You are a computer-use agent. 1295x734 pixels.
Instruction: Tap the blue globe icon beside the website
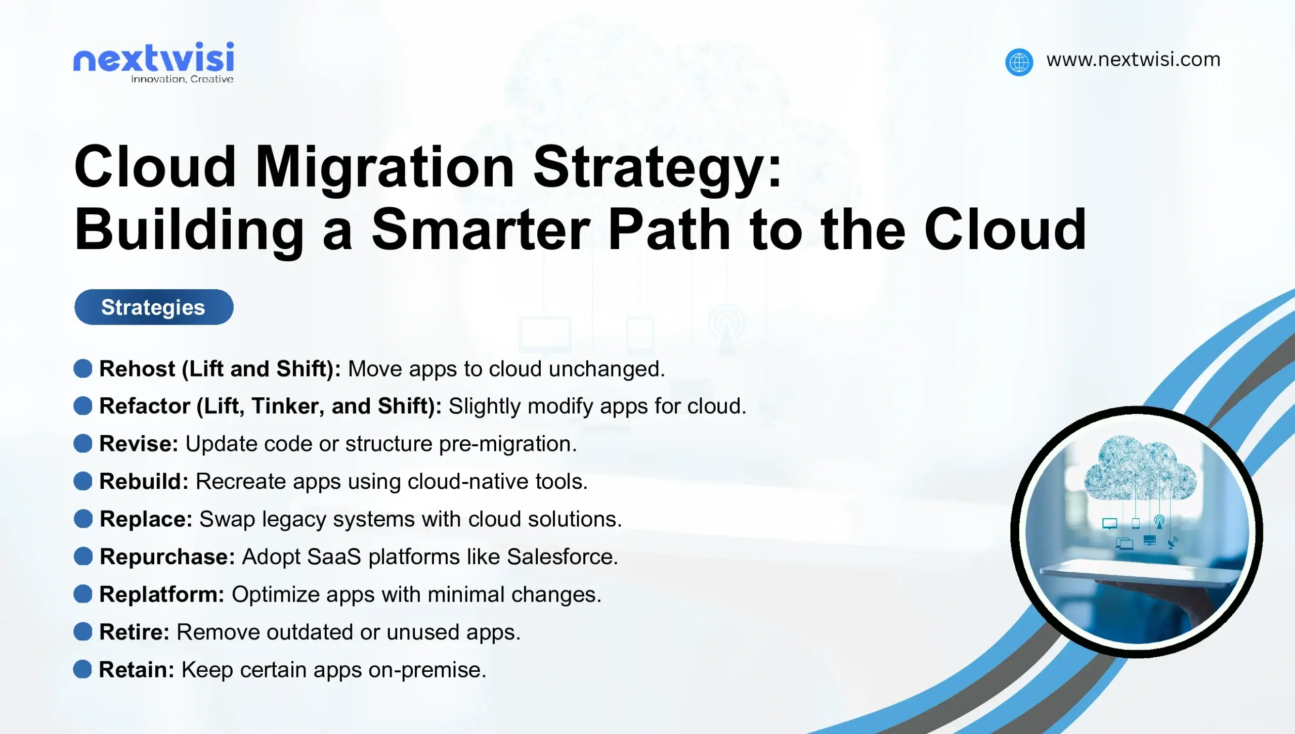pos(1019,62)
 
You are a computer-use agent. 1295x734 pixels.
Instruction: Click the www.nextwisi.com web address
pos(1133,60)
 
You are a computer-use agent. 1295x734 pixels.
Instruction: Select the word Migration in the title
pos(384,167)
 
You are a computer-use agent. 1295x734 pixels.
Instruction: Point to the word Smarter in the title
pos(481,230)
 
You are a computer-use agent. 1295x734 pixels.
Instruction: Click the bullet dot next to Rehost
pos(83,369)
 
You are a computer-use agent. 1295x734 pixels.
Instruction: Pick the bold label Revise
pos(139,444)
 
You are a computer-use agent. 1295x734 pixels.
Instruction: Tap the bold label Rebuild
pos(144,481)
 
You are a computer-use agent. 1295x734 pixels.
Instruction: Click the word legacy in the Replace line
pos(294,520)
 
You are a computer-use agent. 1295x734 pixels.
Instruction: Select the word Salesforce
pos(562,557)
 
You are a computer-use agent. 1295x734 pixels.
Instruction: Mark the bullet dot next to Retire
pos(83,631)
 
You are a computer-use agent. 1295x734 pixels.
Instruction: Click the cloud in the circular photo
pos(1140,468)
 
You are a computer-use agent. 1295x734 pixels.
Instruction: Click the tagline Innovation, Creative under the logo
pos(182,79)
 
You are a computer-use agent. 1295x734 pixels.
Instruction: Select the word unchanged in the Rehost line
pos(607,369)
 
